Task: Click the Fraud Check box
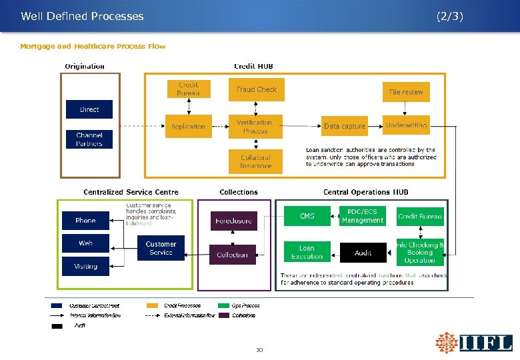click(257, 90)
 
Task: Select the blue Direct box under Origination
click(89, 109)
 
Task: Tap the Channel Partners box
click(89, 139)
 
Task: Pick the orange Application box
click(189, 126)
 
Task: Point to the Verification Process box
click(255, 127)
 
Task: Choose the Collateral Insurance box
click(255, 161)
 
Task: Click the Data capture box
click(345, 126)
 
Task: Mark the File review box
click(406, 92)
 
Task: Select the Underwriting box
click(406, 125)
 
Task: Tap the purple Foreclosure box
click(233, 221)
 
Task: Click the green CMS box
click(307, 216)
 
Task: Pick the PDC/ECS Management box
click(363, 216)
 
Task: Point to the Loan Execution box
click(307, 252)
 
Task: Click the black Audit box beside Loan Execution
click(363, 253)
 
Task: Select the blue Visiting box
click(86, 266)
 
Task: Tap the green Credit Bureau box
click(420, 216)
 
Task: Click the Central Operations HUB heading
click(366, 192)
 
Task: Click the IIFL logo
click(474, 343)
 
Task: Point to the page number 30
click(260, 349)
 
